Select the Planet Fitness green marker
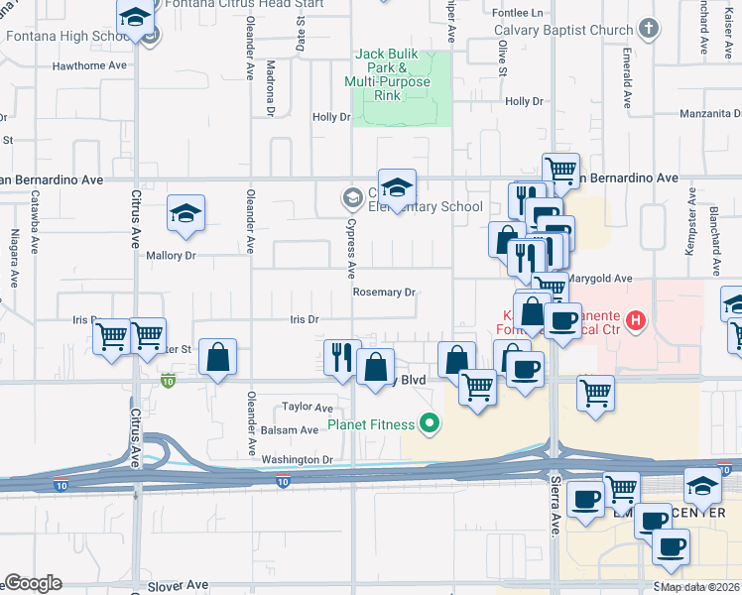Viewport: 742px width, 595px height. coord(429,424)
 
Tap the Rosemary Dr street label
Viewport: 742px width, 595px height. coord(383,293)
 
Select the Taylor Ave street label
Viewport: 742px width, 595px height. coord(308,407)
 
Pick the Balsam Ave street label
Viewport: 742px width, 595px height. coord(290,430)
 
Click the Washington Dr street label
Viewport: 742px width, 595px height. coord(297,460)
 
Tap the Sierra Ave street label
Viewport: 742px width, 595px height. coord(556,506)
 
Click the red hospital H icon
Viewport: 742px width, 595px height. coord(637,321)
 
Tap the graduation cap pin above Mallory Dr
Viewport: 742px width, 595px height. coord(185,213)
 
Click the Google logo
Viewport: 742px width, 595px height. coord(34,584)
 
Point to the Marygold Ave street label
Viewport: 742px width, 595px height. coord(601,280)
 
